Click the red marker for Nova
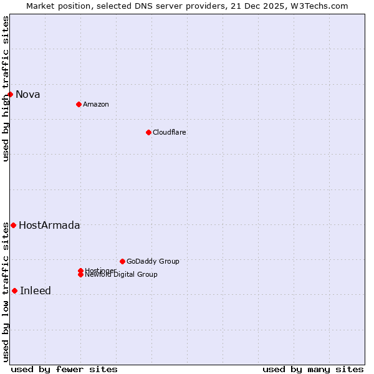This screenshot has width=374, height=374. (11, 94)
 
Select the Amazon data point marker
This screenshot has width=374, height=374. (79, 104)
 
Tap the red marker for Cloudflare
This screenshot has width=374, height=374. (148, 132)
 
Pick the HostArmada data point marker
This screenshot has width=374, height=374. (13, 225)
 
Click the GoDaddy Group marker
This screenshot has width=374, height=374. (122, 261)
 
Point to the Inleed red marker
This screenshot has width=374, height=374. (14, 290)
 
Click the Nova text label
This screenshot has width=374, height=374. (27, 95)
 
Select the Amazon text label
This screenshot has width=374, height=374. (95, 104)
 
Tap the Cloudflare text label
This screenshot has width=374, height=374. (169, 132)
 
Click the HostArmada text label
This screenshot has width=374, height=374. (49, 226)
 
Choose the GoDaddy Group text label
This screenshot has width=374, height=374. (153, 261)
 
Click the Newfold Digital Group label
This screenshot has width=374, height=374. (121, 275)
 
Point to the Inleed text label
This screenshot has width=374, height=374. (36, 291)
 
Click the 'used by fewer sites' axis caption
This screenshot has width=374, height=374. (64, 369)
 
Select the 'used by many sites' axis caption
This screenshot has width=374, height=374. (313, 369)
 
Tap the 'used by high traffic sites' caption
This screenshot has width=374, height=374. (6, 89)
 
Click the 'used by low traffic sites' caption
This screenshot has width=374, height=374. (6, 292)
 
